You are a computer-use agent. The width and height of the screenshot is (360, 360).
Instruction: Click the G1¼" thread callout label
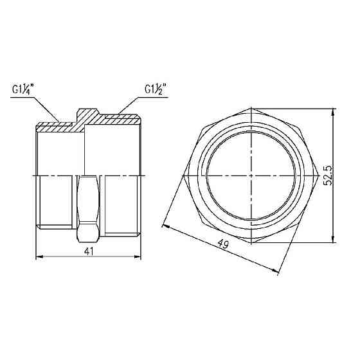coord(23,90)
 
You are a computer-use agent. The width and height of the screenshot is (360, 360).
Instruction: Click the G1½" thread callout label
coord(156,89)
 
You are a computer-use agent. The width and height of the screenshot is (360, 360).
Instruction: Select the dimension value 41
coord(89,251)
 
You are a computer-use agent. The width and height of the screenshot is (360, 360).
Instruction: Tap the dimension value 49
coord(223,244)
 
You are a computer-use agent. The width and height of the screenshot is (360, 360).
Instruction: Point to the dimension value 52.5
coord(328,175)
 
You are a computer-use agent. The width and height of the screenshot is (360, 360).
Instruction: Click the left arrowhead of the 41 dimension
coord(40,256)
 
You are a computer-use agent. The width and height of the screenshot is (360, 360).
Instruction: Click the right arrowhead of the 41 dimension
coord(138,256)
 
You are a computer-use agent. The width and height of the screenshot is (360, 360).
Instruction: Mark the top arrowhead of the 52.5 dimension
coord(333,112)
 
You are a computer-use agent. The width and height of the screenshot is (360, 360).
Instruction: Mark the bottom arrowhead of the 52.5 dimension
coord(333,239)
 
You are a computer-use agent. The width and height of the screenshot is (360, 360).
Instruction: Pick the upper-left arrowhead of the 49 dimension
coord(166,226)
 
